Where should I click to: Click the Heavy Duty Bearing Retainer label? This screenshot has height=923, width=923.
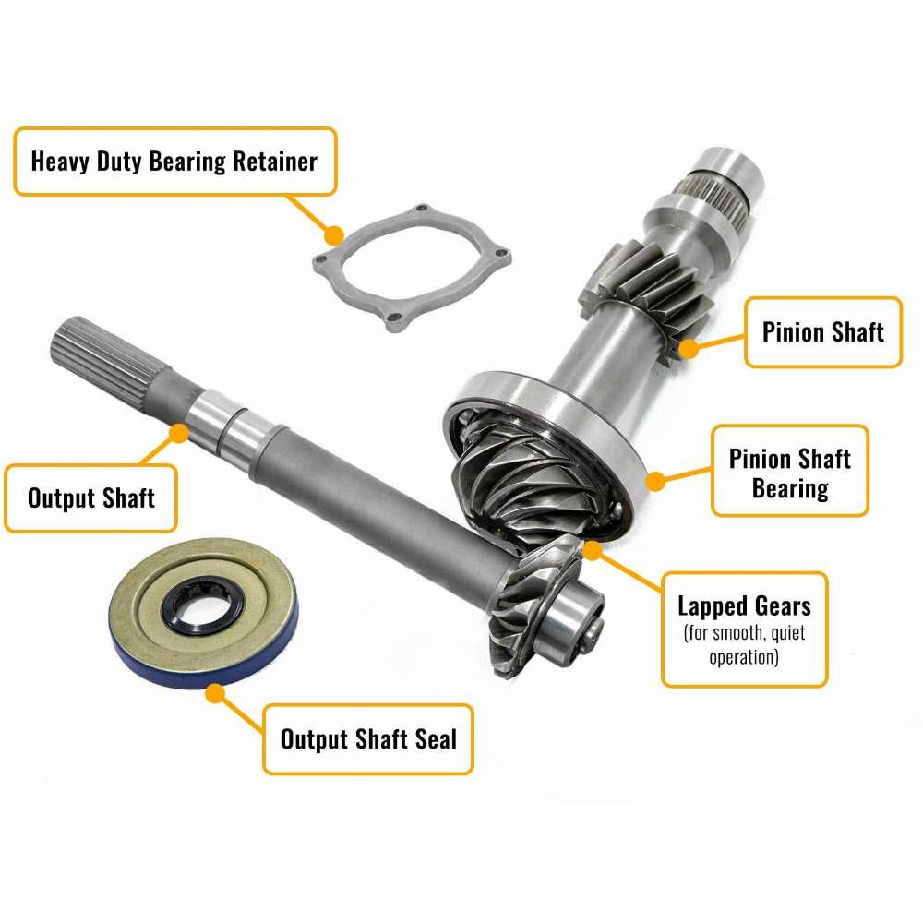174,162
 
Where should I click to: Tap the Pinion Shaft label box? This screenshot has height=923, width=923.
823,332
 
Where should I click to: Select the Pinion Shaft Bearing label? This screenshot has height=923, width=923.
790,471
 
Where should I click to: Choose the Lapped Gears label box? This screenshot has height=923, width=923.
745,629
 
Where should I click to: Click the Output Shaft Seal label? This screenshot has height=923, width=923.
368,739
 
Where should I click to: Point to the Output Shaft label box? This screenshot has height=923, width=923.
90,498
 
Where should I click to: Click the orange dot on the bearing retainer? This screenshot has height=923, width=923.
334,235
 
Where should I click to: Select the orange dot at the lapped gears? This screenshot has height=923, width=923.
593,550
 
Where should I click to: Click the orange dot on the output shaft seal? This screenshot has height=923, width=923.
215,693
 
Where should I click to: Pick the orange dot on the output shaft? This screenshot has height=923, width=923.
179,433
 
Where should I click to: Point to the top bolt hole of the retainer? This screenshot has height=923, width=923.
421,209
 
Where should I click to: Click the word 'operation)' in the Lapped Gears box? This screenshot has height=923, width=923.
744,657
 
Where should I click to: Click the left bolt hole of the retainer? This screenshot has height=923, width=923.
321,259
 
